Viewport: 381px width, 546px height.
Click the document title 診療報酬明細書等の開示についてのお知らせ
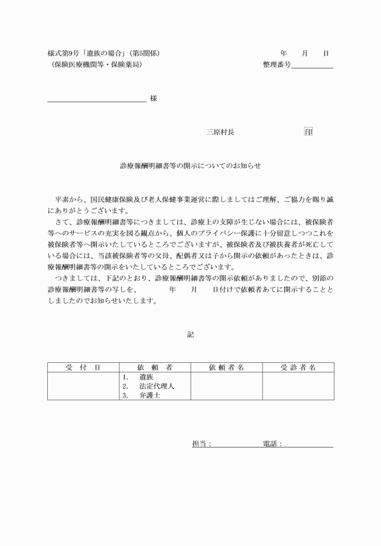(x=190, y=165)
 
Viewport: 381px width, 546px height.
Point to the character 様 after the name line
(x=154, y=99)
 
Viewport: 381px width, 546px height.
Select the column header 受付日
(x=83, y=367)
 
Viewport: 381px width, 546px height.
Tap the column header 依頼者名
(x=226, y=367)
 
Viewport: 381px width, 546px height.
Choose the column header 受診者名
(x=298, y=367)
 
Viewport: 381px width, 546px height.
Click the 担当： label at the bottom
(x=201, y=444)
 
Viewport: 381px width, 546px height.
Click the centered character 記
(x=190, y=334)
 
